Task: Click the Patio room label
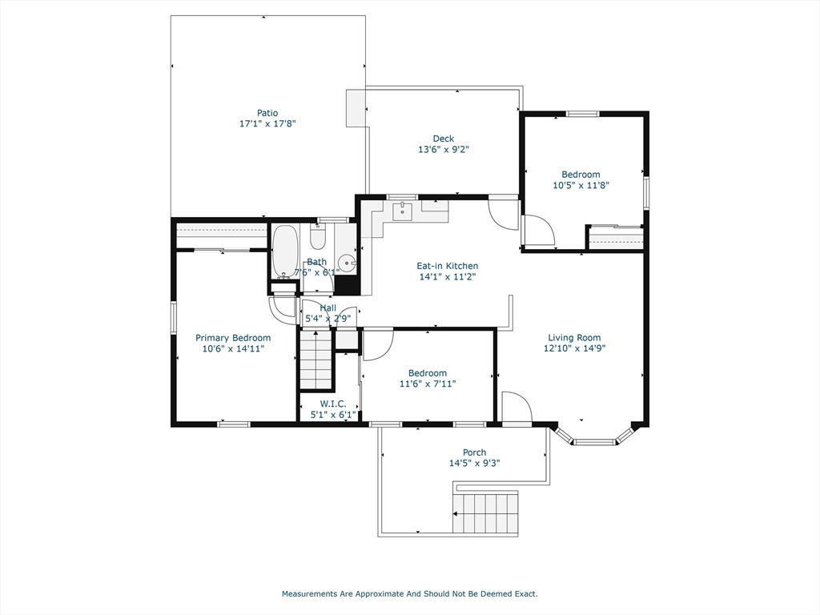(x=267, y=113)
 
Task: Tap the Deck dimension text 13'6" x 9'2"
(x=444, y=150)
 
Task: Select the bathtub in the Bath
(x=284, y=251)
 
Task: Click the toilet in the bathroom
(x=317, y=237)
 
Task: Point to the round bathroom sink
(x=346, y=263)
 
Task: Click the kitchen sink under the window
(x=402, y=211)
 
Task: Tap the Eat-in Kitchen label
(x=447, y=266)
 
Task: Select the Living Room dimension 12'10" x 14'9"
(x=575, y=348)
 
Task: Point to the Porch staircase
(x=486, y=512)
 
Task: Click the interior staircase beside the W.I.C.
(x=316, y=360)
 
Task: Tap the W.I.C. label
(x=333, y=404)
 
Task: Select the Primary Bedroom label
(x=233, y=339)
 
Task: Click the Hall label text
(x=328, y=308)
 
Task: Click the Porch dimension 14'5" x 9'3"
(x=474, y=464)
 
